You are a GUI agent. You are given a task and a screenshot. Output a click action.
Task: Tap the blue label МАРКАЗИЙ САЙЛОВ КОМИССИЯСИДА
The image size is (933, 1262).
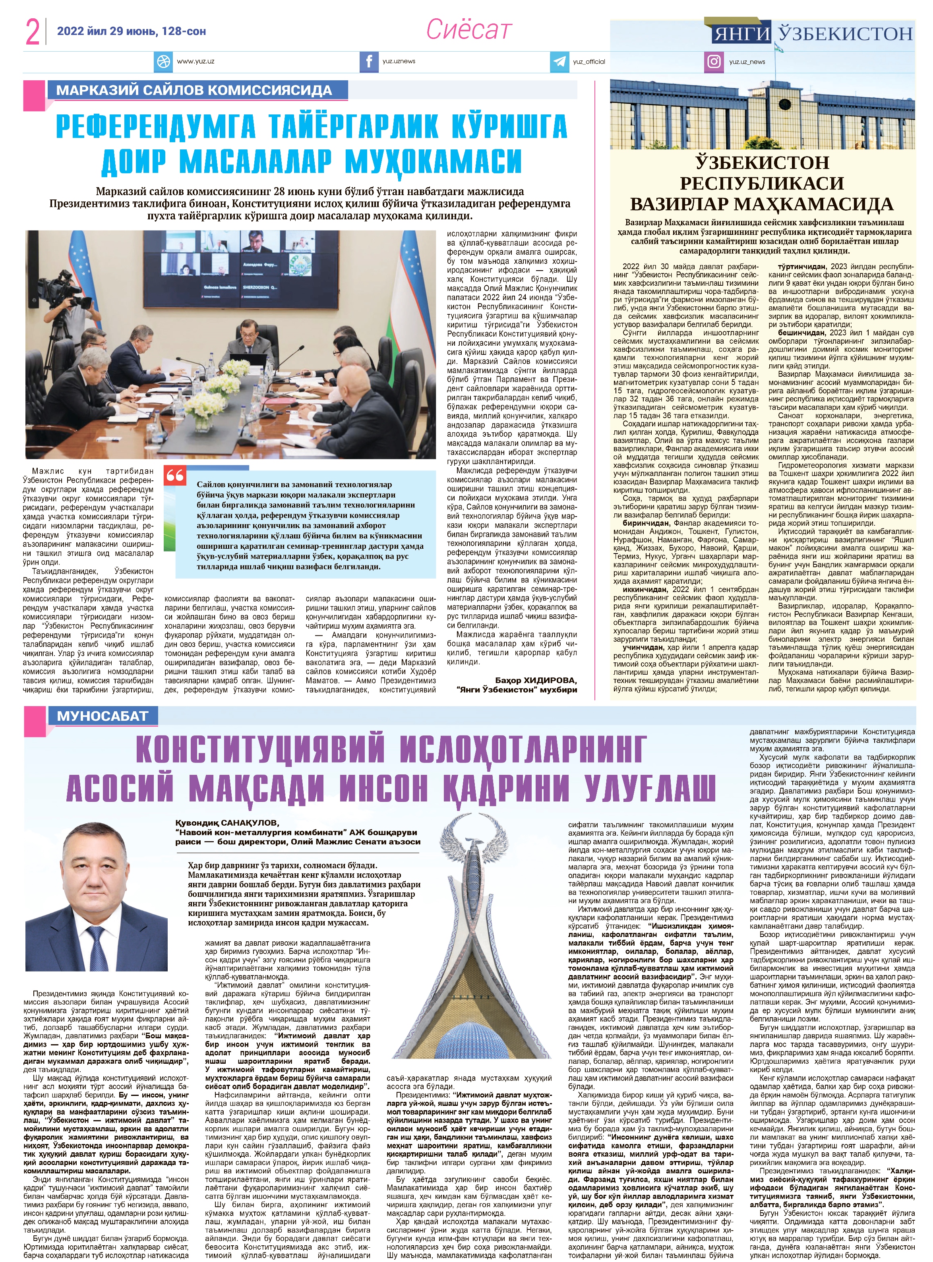tap(194, 90)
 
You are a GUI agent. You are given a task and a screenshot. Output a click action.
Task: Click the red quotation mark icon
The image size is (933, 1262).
tap(175, 476)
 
